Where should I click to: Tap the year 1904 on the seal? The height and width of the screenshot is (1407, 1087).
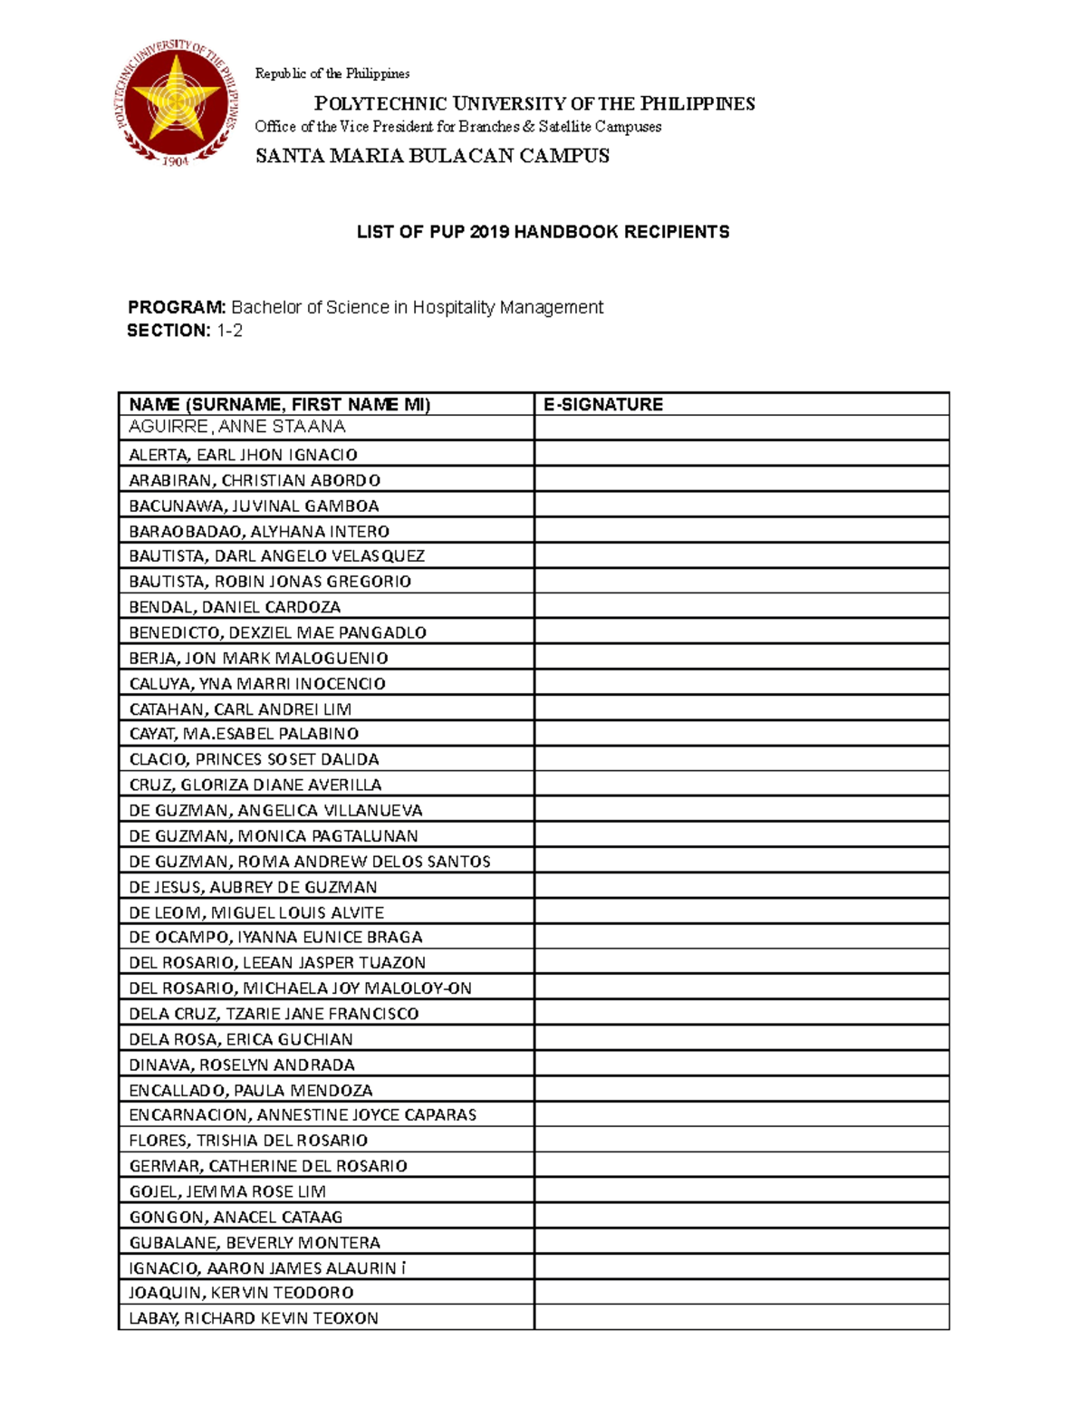point(175,161)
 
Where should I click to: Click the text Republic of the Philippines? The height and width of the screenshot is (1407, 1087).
point(332,73)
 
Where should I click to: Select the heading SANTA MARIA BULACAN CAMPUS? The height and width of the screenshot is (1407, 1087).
point(432,156)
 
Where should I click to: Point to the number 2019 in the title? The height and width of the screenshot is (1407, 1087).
point(488,232)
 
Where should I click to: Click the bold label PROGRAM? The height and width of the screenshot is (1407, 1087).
point(177,307)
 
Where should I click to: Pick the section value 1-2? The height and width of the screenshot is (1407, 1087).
point(229,331)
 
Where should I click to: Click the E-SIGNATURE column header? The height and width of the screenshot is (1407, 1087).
point(603,404)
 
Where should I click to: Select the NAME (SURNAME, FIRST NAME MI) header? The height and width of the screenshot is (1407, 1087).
point(280,404)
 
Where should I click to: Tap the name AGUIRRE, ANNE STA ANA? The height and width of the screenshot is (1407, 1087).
point(237,427)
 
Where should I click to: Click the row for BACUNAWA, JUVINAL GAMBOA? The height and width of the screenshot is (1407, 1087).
point(254,506)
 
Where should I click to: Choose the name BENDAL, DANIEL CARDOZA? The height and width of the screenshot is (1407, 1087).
point(235,607)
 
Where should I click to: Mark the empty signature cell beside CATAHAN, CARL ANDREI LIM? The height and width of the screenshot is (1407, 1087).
point(741,708)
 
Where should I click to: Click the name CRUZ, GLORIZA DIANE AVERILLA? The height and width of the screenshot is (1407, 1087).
point(255,785)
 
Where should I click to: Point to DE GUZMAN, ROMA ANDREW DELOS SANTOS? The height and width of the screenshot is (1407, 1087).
point(310,862)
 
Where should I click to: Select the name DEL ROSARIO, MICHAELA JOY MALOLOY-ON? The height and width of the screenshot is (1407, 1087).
point(300,988)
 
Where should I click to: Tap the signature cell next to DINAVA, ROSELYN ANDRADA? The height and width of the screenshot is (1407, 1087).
point(741,1065)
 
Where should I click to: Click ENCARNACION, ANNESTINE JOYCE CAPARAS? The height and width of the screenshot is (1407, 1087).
point(303,1115)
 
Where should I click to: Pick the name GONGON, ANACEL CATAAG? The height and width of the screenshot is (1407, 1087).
point(236,1217)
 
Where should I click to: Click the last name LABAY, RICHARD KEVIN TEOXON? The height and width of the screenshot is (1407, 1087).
point(254,1318)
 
